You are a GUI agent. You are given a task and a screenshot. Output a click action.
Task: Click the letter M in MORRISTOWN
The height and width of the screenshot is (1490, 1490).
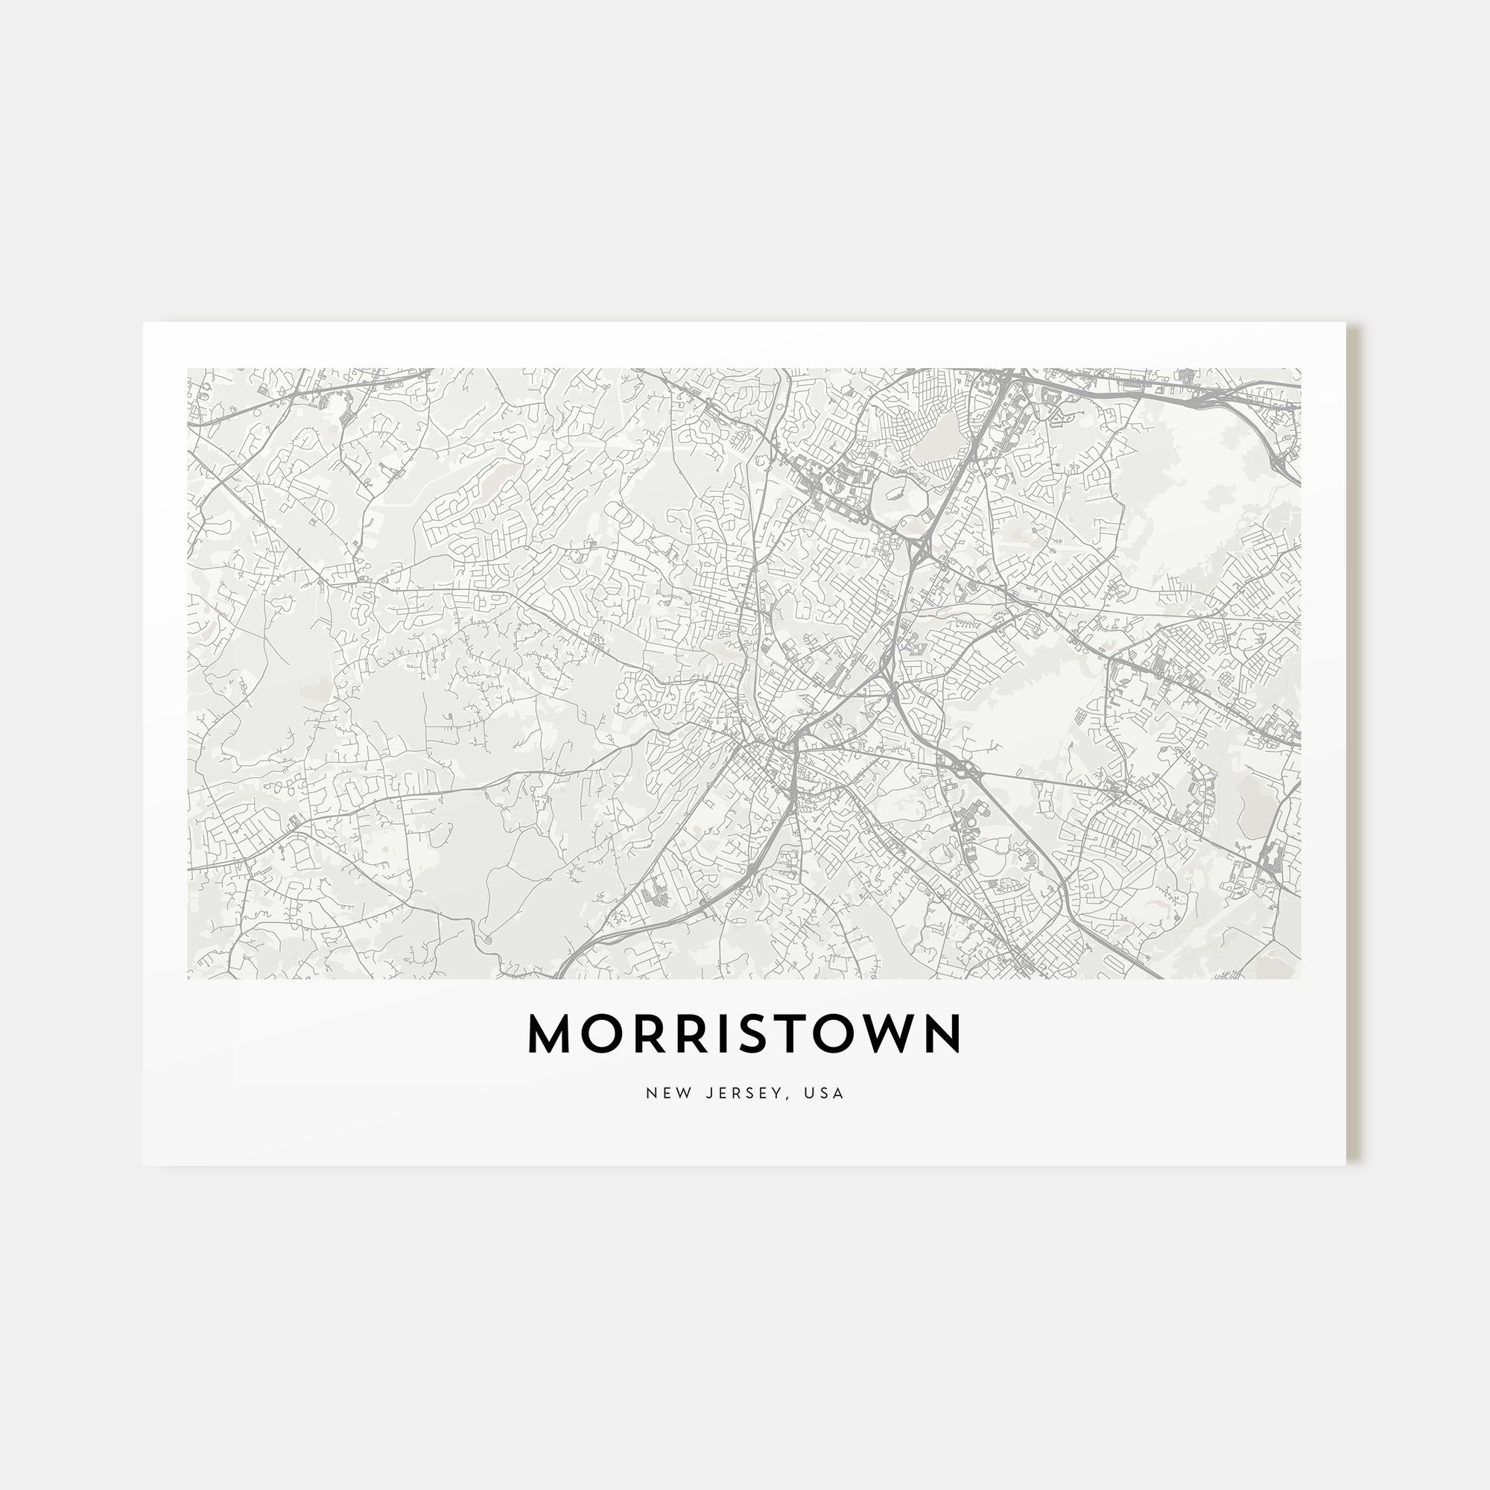click(550, 1034)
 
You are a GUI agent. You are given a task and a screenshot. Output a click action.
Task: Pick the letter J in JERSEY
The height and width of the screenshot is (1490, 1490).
click(708, 1094)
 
